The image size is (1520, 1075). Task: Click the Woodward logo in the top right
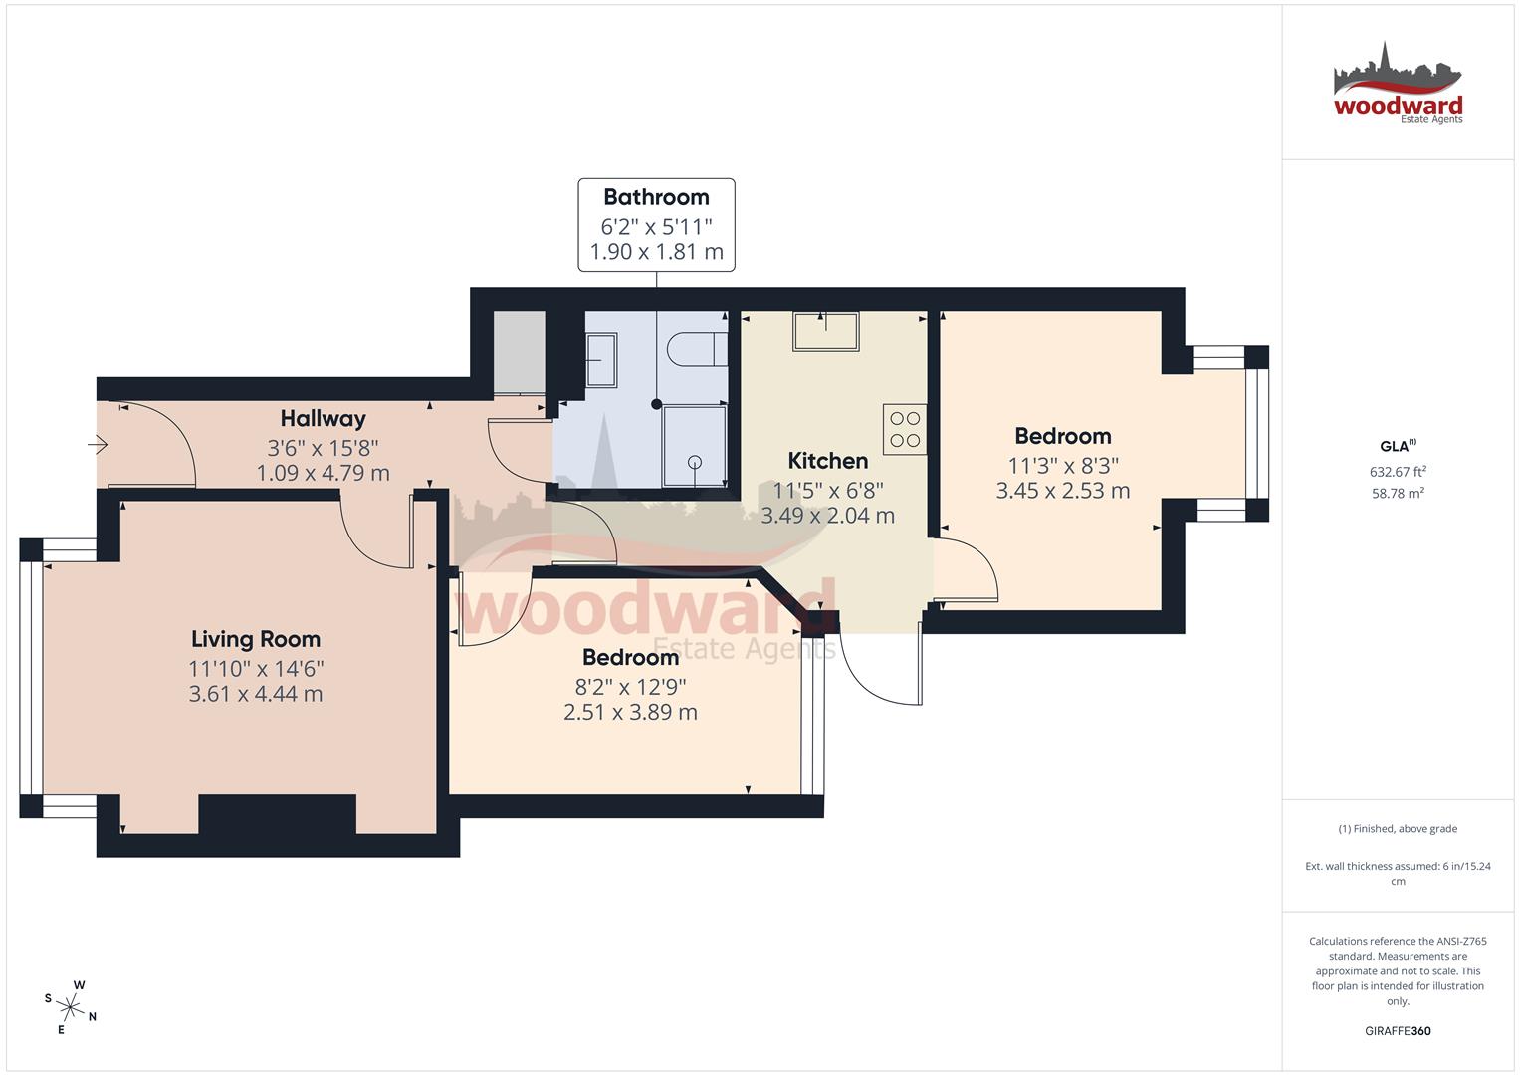click(1398, 85)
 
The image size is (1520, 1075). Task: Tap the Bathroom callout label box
click(656, 224)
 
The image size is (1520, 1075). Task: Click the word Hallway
click(323, 419)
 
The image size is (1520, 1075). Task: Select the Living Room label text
click(256, 639)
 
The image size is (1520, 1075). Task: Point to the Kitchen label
click(827, 461)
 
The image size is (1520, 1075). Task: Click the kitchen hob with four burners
click(905, 429)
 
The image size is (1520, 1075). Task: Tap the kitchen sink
click(825, 331)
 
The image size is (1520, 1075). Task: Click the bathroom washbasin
click(602, 359)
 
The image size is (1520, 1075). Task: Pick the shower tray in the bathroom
click(695, 446)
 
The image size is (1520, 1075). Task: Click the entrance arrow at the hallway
click(98, 445)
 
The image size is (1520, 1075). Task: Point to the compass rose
click(71, 1007)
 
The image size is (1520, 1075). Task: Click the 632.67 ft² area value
click(1398, 472)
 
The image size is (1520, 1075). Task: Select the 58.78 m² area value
click(1398, 493)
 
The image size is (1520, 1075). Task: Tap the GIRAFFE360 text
click(1398, 1031)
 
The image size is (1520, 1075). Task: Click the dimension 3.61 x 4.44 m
click(256, 694)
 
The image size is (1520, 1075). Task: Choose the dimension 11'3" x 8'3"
click(1062, 465)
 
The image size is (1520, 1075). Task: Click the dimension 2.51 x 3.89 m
click(630, 712)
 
